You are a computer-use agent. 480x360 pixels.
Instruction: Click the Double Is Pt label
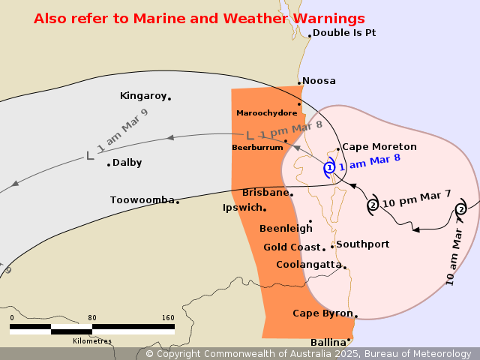(343, 33)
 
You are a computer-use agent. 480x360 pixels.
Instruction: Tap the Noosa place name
(319, 81)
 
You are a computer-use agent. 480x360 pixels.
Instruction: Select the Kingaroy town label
(142, 96)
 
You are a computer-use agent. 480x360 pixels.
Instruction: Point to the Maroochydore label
(266, 112)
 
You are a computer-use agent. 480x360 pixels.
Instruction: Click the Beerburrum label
(257, 148)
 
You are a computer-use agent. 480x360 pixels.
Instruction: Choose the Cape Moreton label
(379, 147)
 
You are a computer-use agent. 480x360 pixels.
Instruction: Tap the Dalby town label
(127, 163)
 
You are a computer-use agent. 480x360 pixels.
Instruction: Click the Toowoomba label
(142, 200)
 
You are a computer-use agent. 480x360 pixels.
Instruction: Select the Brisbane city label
(265, 193)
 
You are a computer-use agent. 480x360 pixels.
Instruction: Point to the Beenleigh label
(284, 228)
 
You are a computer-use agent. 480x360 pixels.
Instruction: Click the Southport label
(362, 244)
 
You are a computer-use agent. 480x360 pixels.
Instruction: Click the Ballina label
(328, 342)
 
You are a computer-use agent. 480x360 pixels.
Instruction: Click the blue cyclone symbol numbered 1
(329, 168)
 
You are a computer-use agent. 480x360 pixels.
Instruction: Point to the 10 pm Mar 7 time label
(417, 199)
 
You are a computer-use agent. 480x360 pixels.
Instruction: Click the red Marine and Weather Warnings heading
(199, 18)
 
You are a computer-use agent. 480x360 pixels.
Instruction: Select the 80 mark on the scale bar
(92, 318)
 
